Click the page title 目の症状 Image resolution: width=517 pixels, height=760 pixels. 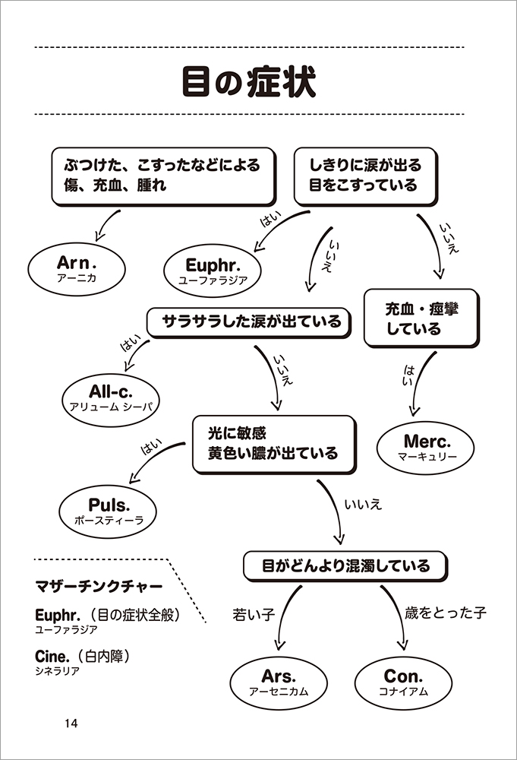[249, 81]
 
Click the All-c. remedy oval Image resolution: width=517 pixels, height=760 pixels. [111, 397]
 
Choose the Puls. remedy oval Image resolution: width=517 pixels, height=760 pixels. [109, 511]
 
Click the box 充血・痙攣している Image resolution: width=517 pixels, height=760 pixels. [421, 318]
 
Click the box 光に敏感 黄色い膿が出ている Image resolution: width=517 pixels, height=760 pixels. [273, 444]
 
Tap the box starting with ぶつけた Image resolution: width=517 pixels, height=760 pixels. [162, 176]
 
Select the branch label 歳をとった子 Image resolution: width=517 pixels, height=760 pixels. [445, 613]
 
